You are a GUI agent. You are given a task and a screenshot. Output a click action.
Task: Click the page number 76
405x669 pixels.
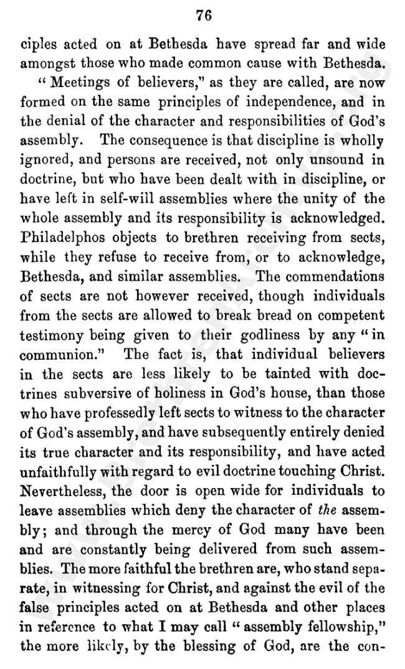click(x=204, y=16)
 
